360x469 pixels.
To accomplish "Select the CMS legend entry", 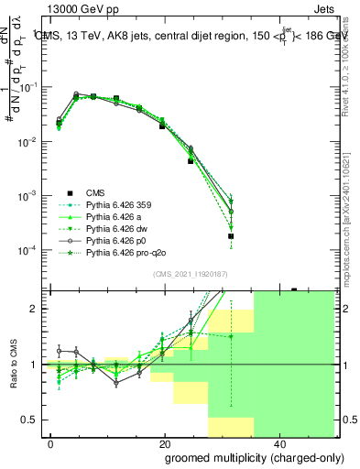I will [95, 192].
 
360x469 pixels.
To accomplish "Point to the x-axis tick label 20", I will [164, 442].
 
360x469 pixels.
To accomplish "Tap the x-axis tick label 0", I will [51, 442].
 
